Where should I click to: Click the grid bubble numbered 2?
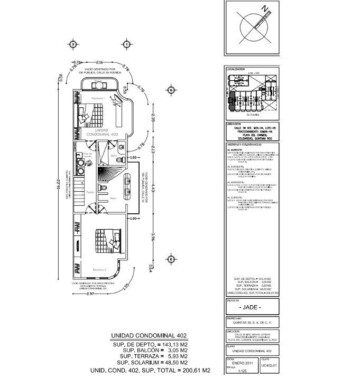coord(72,44)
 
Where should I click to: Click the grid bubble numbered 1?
coord(127,44)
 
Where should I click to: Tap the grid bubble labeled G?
coord(170,90)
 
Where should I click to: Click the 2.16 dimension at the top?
coord(99,63)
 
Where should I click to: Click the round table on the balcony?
coord(98,85)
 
